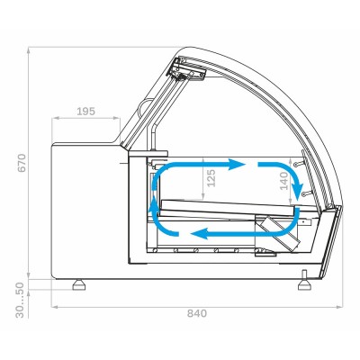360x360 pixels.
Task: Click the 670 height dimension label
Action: click(22, 163)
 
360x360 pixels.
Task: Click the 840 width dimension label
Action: click(197, 313)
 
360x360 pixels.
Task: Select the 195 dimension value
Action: click(86, 112)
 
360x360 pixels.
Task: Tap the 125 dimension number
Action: click(211, 178)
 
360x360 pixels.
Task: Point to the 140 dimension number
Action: click(283, 181)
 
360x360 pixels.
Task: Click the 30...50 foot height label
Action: click(20, 301)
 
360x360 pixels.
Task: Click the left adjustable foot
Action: click(79, 284)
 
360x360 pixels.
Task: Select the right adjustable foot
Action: click(304, 281)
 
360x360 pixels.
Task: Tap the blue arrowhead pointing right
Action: click(237, 165)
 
